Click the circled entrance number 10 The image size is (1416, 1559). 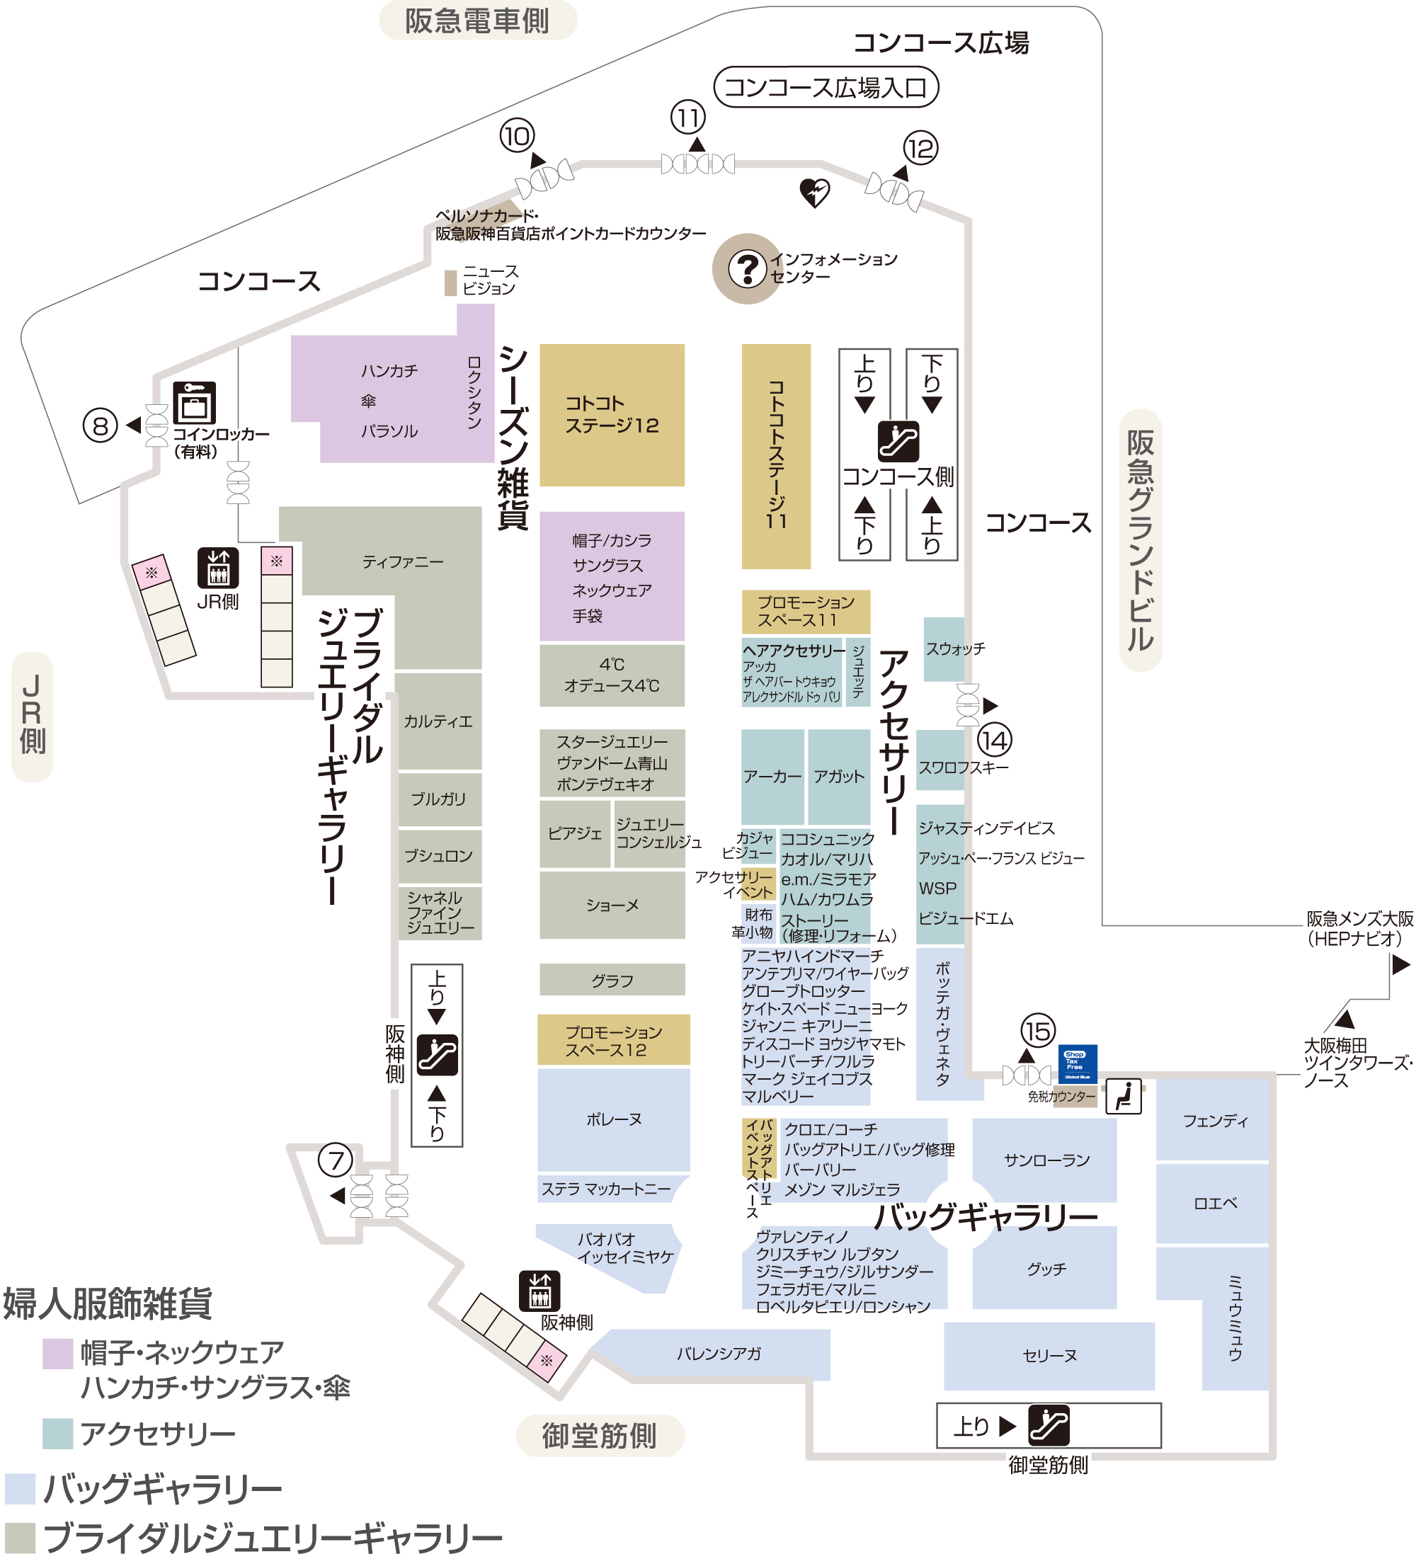pyautogui.click(x=517, y=136)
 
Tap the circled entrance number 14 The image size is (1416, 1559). pyautogui.click(x=994, y=741)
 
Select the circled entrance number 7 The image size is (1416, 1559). pyautogui.click(x=335, y=1160)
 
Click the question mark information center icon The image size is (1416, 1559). pyautogui.click(x=747, y=268)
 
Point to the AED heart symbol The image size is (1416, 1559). pyautogui.click(x=814, y=193)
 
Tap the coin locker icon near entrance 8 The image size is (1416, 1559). pyautogui.click(x=194, y=403)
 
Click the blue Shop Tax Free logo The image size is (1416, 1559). pyautogui.click(x=1078, y=1064)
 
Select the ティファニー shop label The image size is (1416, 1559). pyautogui.click(x=402, y=562)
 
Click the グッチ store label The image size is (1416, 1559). pyautogui.click(x=1046, y=1269)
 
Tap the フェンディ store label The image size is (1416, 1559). pyautogui.click(x=1214, y=1121)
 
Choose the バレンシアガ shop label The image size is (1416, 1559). pyautogui.click(x=719, y=1353)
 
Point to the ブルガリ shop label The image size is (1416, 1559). pyautogui.click(x=438, y=799)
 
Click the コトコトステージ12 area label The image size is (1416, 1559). pyautogui.click(x=612, y=414)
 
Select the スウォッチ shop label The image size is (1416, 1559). pyautogui.click(x=954, y=649)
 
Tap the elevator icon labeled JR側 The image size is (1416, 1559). pyautogui.click(x=218, y=568)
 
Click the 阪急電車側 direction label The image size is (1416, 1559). pyautogui.click(x=478, y=20)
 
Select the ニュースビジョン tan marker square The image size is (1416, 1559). pyautogui.click(x=450, y=283)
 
